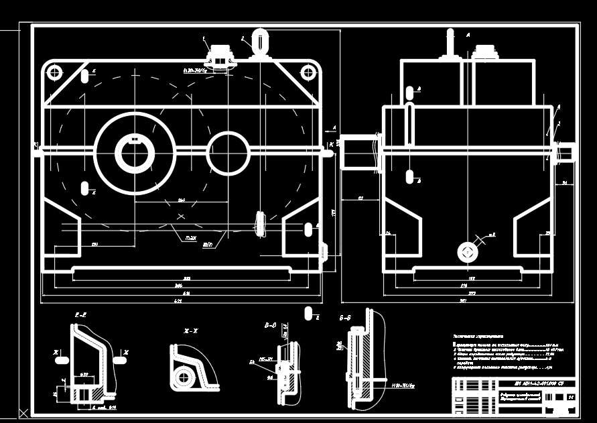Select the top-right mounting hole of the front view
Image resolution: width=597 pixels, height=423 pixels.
(307, 72)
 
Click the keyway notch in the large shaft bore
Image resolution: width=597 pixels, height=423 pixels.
(135, 140)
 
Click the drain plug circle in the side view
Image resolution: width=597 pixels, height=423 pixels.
(466, 252)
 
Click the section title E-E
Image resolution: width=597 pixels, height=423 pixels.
(81, 314)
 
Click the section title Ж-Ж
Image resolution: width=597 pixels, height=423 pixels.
(191, 331)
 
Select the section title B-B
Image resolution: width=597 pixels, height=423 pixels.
(271, 325)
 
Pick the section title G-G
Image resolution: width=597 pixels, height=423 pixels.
(346, 318)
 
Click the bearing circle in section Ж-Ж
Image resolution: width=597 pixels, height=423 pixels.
(183, 377)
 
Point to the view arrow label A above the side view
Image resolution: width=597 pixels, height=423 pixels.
(468, 34)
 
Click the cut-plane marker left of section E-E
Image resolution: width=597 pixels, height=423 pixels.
(61, 359)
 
